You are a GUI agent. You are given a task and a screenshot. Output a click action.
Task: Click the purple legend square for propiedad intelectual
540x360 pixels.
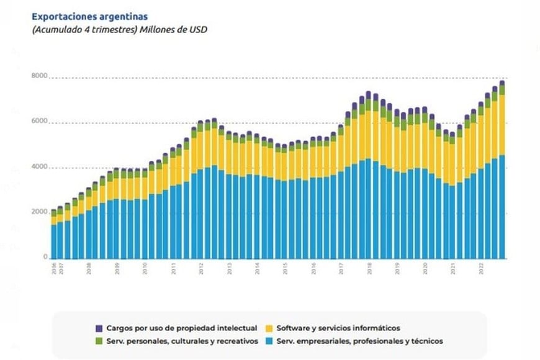tap(99, 328)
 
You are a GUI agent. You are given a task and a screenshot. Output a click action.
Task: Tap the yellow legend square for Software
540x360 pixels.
tap(269, 328)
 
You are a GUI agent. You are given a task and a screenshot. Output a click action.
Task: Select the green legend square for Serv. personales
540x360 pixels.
tap(99, 341)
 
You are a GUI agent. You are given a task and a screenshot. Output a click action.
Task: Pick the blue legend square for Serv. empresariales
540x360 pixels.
tap(269, 341)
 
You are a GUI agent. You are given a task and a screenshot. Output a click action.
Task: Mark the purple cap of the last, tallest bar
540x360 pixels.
tap(502, 83)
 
